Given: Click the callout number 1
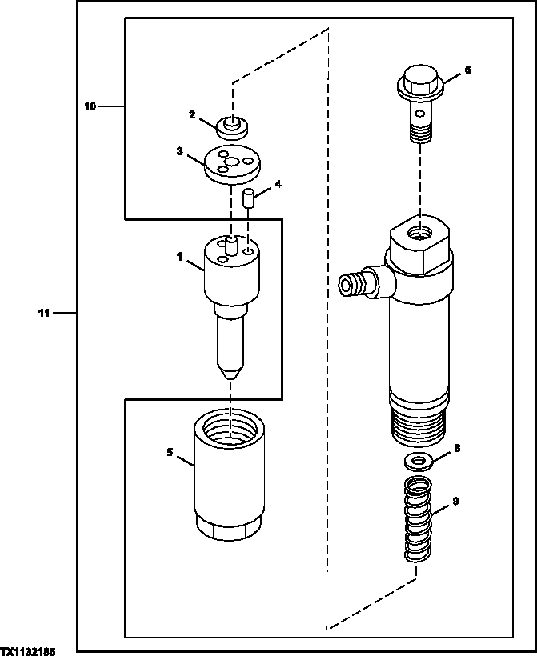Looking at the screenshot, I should (x=181, y=257).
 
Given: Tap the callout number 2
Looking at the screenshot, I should (x=192, y=115).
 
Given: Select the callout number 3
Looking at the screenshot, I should (x=181, y=150).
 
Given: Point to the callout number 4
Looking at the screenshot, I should (x=278, y=184).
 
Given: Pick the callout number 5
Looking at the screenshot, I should (x=170, y=452).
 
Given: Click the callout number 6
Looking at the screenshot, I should (x=467, y=70).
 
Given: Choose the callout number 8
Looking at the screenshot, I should (x=457, y=449).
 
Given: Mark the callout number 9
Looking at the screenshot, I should (x=455, y=502).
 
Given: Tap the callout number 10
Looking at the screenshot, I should (x=90, y=106).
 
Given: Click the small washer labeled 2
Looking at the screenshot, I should (x=230, y=126).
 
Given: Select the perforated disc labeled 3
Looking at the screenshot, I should (x=229, y=164).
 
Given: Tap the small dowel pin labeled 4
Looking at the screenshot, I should (x=249, y=198).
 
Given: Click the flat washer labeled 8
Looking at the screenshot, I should (x=415, y=461).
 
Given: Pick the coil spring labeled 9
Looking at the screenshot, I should (x=415, y=520).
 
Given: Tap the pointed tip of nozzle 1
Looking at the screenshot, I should (x=230, y=374).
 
